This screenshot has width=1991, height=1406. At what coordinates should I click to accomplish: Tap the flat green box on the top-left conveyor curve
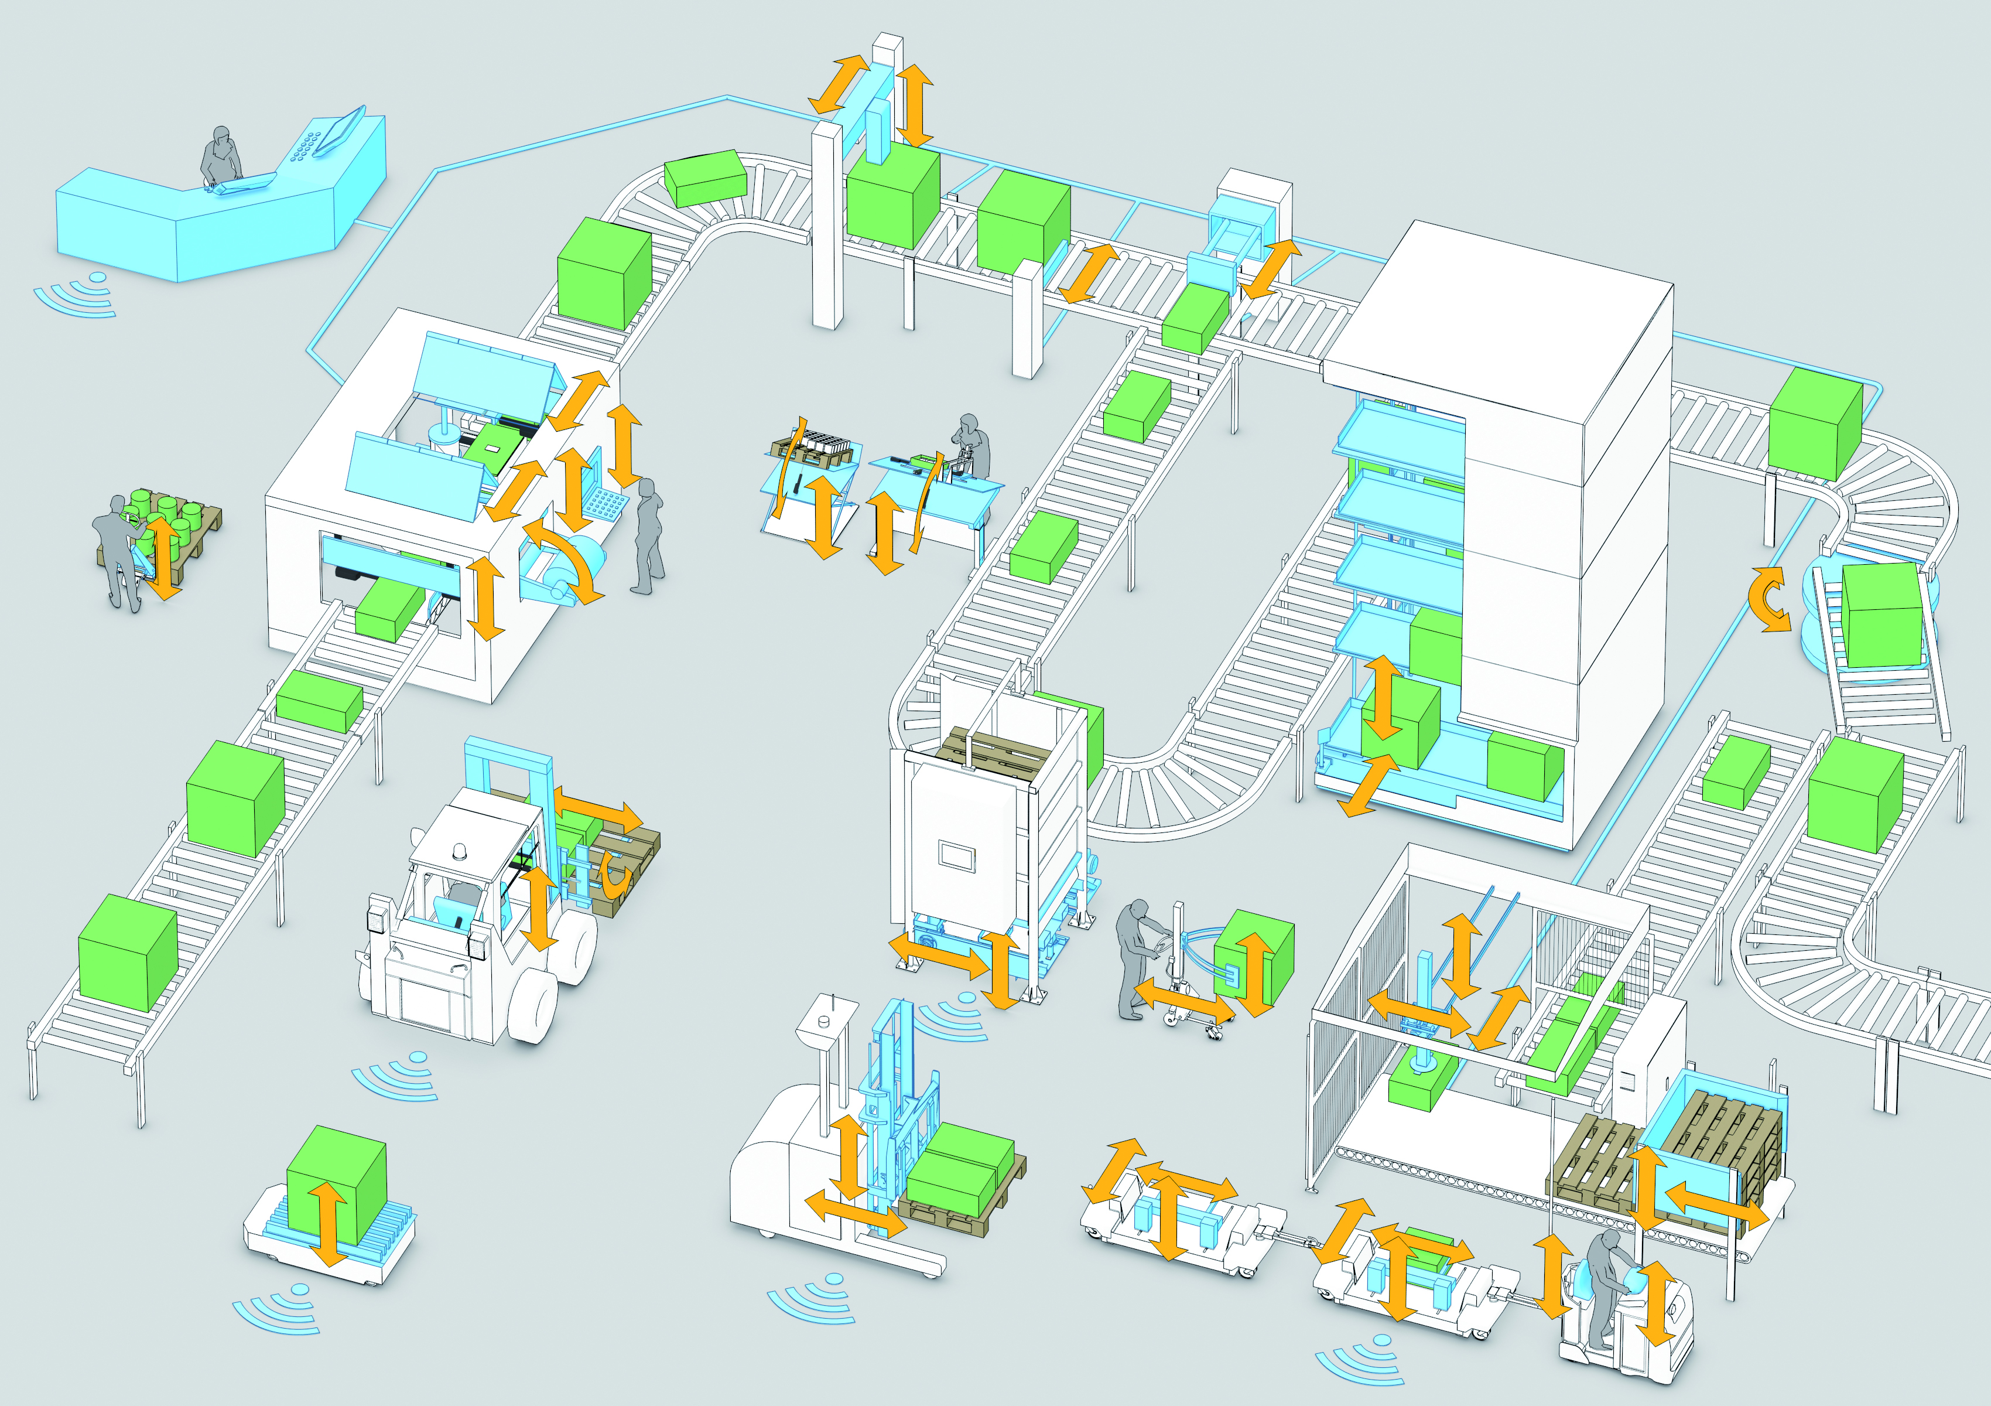[x=705, y=178]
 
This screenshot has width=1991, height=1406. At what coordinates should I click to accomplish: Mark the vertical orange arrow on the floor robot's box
[x=328, y=1224]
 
